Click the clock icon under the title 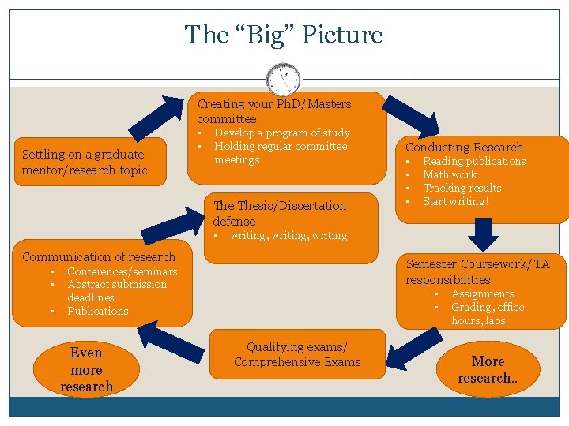[x=284, y=79]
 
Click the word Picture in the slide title [x=344, y=35]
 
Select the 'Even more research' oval [x=87, y=369]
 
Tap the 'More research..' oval [x=488, y=369]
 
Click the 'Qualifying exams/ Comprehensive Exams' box [x=296, y=354]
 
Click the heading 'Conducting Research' [x=464, y=147]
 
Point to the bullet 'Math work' [x=450, y=174]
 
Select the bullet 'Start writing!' [x=456, y=201]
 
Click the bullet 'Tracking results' [x=462, y=188]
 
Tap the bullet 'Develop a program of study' [x=282, y=133]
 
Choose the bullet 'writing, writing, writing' [x=288, y=235]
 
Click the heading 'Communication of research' [x=99, y=256]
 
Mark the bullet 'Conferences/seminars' [x=122, y=271]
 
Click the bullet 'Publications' [x=97, y=311]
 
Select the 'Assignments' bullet [x=482, y=293]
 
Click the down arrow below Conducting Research [x=483, y=233]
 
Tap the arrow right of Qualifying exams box [x=413, y=348]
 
